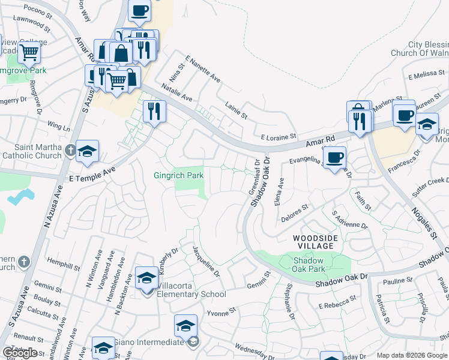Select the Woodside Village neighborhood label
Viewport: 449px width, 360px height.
click(x=313, y=242)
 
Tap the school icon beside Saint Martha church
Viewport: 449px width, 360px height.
click(x=87, y=151)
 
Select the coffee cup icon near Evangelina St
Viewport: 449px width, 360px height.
click(x=334, y=158)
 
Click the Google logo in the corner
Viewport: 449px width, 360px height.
click(x=20, y=353)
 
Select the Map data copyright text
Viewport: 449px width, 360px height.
click(x=412, y=355)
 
